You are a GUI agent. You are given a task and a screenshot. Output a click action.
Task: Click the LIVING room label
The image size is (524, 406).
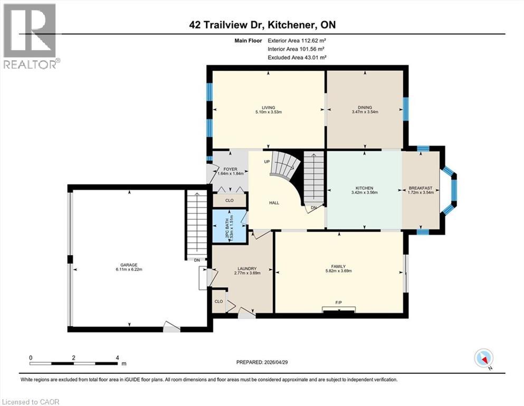click(268, 107)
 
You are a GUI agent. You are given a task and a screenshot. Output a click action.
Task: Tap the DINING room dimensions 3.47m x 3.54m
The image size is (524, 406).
click(365, 112)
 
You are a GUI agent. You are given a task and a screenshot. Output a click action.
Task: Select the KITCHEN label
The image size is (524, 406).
click(364, 188)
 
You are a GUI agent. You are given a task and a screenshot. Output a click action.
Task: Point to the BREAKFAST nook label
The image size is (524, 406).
click(421, 188)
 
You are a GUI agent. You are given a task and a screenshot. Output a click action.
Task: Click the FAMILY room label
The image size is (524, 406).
click(338, 266)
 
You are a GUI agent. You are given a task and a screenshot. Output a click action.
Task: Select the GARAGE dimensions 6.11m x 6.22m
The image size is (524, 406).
click(129, 270)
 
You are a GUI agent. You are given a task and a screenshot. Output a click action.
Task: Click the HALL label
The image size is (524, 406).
click(274, 202)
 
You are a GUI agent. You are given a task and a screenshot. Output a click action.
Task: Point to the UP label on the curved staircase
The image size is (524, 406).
click(267, 161)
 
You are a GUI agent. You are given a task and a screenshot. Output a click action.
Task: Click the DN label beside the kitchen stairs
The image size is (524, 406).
click(315, 207)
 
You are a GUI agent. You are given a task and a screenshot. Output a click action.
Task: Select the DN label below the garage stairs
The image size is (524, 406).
click(196, 260)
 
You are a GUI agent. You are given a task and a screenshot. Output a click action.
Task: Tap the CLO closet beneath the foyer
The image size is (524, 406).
click(230, 200)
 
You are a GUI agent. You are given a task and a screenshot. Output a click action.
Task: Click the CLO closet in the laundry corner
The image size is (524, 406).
click(218, 301)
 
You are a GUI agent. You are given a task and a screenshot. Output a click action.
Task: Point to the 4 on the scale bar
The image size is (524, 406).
click(117, 358)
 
